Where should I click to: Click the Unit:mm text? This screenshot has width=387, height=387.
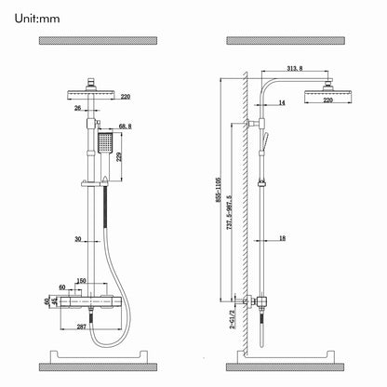(38, 16)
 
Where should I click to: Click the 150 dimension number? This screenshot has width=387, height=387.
(81, 281)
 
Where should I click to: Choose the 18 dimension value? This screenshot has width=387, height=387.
(280, 239)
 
